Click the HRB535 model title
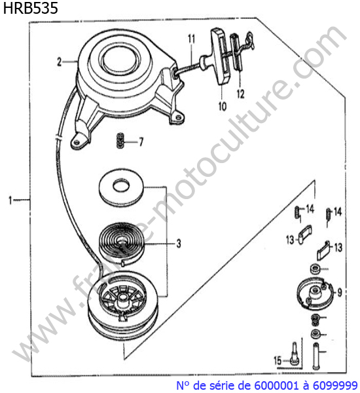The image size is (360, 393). pos(31,7)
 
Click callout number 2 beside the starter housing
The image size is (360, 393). pos(59,62)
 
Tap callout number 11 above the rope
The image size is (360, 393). pos(191,39)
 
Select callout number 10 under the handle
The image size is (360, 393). pos(223,106)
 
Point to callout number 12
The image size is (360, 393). pos(240,94)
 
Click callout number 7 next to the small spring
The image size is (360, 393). pos(141,142)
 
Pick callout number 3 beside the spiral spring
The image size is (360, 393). pos(179,244)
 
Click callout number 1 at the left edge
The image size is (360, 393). pos(10,200)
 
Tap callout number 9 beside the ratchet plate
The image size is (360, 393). pos(340,292)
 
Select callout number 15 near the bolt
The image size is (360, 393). pos(278,360)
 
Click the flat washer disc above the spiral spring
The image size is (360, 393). pos(122,188)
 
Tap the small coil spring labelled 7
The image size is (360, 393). pos(120,141)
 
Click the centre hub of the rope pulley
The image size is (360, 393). pos(122,297)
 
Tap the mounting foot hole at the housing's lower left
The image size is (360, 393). pos(77,142)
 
